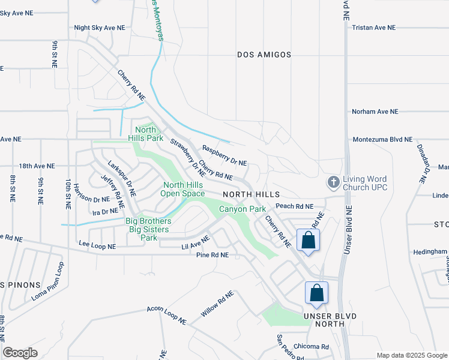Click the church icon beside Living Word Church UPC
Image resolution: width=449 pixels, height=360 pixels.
click(333, 181)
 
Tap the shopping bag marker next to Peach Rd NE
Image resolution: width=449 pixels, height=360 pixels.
click(308, 240)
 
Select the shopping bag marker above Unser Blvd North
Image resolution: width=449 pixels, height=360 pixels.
click(316, 294)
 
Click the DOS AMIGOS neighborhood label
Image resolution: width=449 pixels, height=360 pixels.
click(264, 55)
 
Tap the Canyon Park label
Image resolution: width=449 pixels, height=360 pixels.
click(242, 209)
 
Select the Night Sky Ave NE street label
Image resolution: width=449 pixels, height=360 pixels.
click(99, 28)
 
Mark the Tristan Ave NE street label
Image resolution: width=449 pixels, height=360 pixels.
click(374, 28)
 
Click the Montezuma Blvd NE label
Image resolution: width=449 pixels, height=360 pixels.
click(382, 139)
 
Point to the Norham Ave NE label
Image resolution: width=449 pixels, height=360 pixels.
click(374, 112)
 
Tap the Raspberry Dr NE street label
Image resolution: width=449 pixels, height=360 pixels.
click(224, 155)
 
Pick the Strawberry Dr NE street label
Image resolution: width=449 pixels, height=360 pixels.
click(188, 158)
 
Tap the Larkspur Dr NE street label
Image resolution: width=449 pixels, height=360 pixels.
click(122, 178)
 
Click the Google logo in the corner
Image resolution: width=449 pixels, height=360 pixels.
click(20, 353)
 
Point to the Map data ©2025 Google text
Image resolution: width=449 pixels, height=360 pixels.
click(411, 355)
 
